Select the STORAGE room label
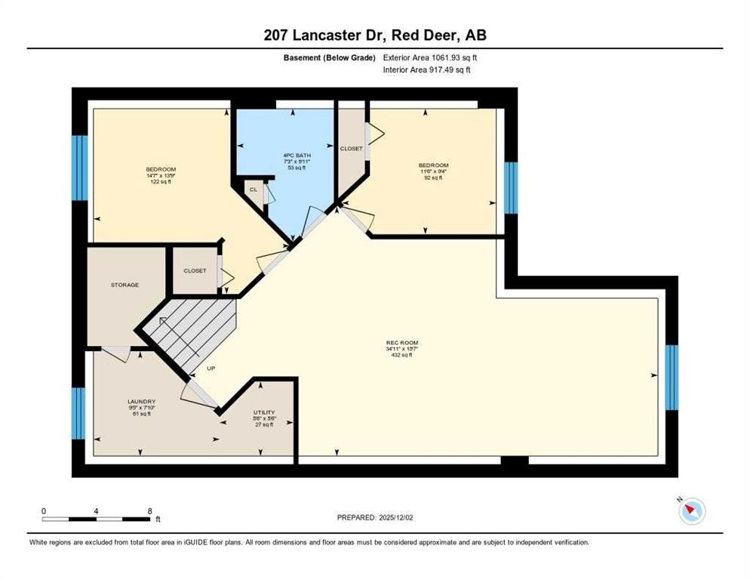tap(124, 285)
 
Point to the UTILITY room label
tap(263, 412)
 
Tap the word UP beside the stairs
tap(212, 369)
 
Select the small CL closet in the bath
tap(254, 190)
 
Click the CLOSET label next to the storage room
tap(195, 270)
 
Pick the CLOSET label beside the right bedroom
tap(351, 149)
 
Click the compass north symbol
tap(690, 511)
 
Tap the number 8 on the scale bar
tap(149, 511)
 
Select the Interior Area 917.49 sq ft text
tap(427, 70)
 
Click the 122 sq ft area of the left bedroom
tap(161, 181)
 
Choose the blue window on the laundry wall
tap(78, 412)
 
